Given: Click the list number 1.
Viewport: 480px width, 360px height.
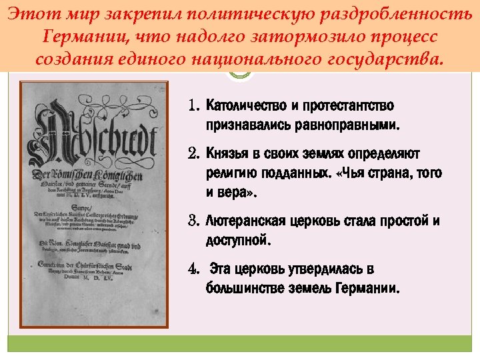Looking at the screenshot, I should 194,107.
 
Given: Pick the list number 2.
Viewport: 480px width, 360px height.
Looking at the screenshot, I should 194,155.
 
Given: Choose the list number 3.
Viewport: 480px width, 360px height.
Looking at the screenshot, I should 194,221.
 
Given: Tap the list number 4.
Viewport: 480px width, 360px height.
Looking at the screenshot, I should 194,270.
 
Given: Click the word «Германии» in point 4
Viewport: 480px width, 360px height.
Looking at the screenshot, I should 369,289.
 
